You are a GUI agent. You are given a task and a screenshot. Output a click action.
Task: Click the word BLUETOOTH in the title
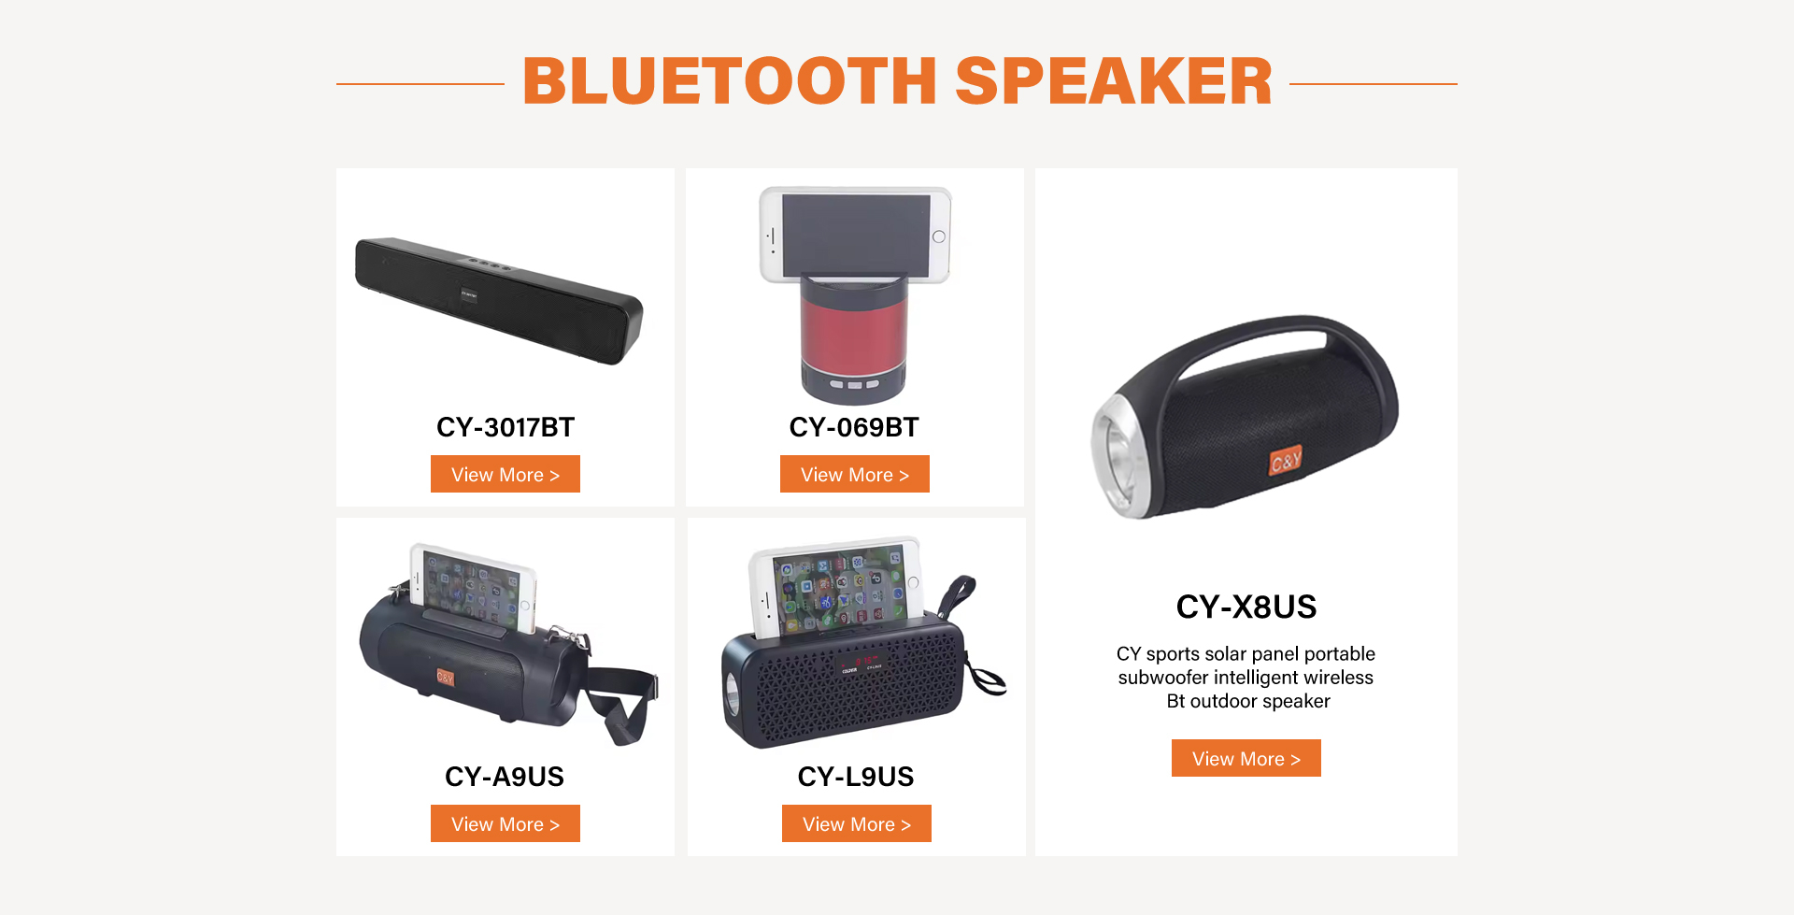(x=730, y=81)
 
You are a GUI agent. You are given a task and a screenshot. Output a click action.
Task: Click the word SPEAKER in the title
(x=1114, y=81)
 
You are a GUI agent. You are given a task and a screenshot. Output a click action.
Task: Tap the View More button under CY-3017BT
(x=505, y=474)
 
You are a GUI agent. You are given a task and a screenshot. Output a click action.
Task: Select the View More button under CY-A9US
(x=505, y=823)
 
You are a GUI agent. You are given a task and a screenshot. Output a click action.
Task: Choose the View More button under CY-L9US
(x=857, y=823)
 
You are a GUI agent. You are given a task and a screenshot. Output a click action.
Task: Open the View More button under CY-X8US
(x=1246, y=758)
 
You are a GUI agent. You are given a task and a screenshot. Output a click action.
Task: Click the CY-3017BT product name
(x=505, y=427)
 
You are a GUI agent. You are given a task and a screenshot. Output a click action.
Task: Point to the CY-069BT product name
(x=854, y=427)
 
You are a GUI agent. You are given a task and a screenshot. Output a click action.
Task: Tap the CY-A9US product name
(x=505, y=777)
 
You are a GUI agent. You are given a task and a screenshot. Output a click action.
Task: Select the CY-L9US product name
(x=856, y=777)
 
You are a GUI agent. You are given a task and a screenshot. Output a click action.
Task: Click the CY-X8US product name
(x=1246, y=607)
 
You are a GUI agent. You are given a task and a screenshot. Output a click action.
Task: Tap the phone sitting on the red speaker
(x=855, y=235)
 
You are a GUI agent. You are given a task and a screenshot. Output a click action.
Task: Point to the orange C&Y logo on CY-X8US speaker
(x=1286, y=460)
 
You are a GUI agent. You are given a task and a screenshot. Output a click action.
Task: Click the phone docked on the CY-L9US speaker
(x=834, y=587)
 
